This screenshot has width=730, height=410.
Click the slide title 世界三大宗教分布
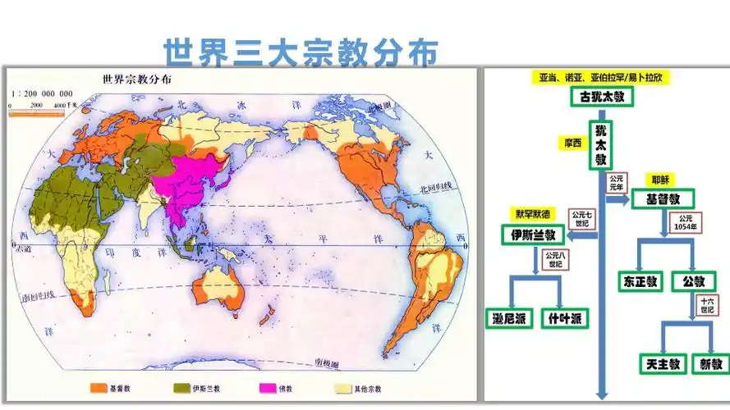tap(300, 51)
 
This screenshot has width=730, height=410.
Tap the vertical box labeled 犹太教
tap(601, 144)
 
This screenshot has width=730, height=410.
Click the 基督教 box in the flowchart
tap(663, 198)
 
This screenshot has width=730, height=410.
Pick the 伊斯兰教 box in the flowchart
tap(534, 235)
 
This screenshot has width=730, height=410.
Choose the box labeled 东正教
tap(640, 281)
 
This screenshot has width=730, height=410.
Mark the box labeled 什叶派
tap(565, 319)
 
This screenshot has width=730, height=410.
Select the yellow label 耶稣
tap(659, 180)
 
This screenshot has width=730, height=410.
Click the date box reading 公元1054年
tap(687, 222)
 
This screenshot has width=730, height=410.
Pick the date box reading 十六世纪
tap(706, 307)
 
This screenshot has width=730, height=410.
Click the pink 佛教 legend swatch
tap(268, 388)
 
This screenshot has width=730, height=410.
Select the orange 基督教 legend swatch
tap(100, 388)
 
